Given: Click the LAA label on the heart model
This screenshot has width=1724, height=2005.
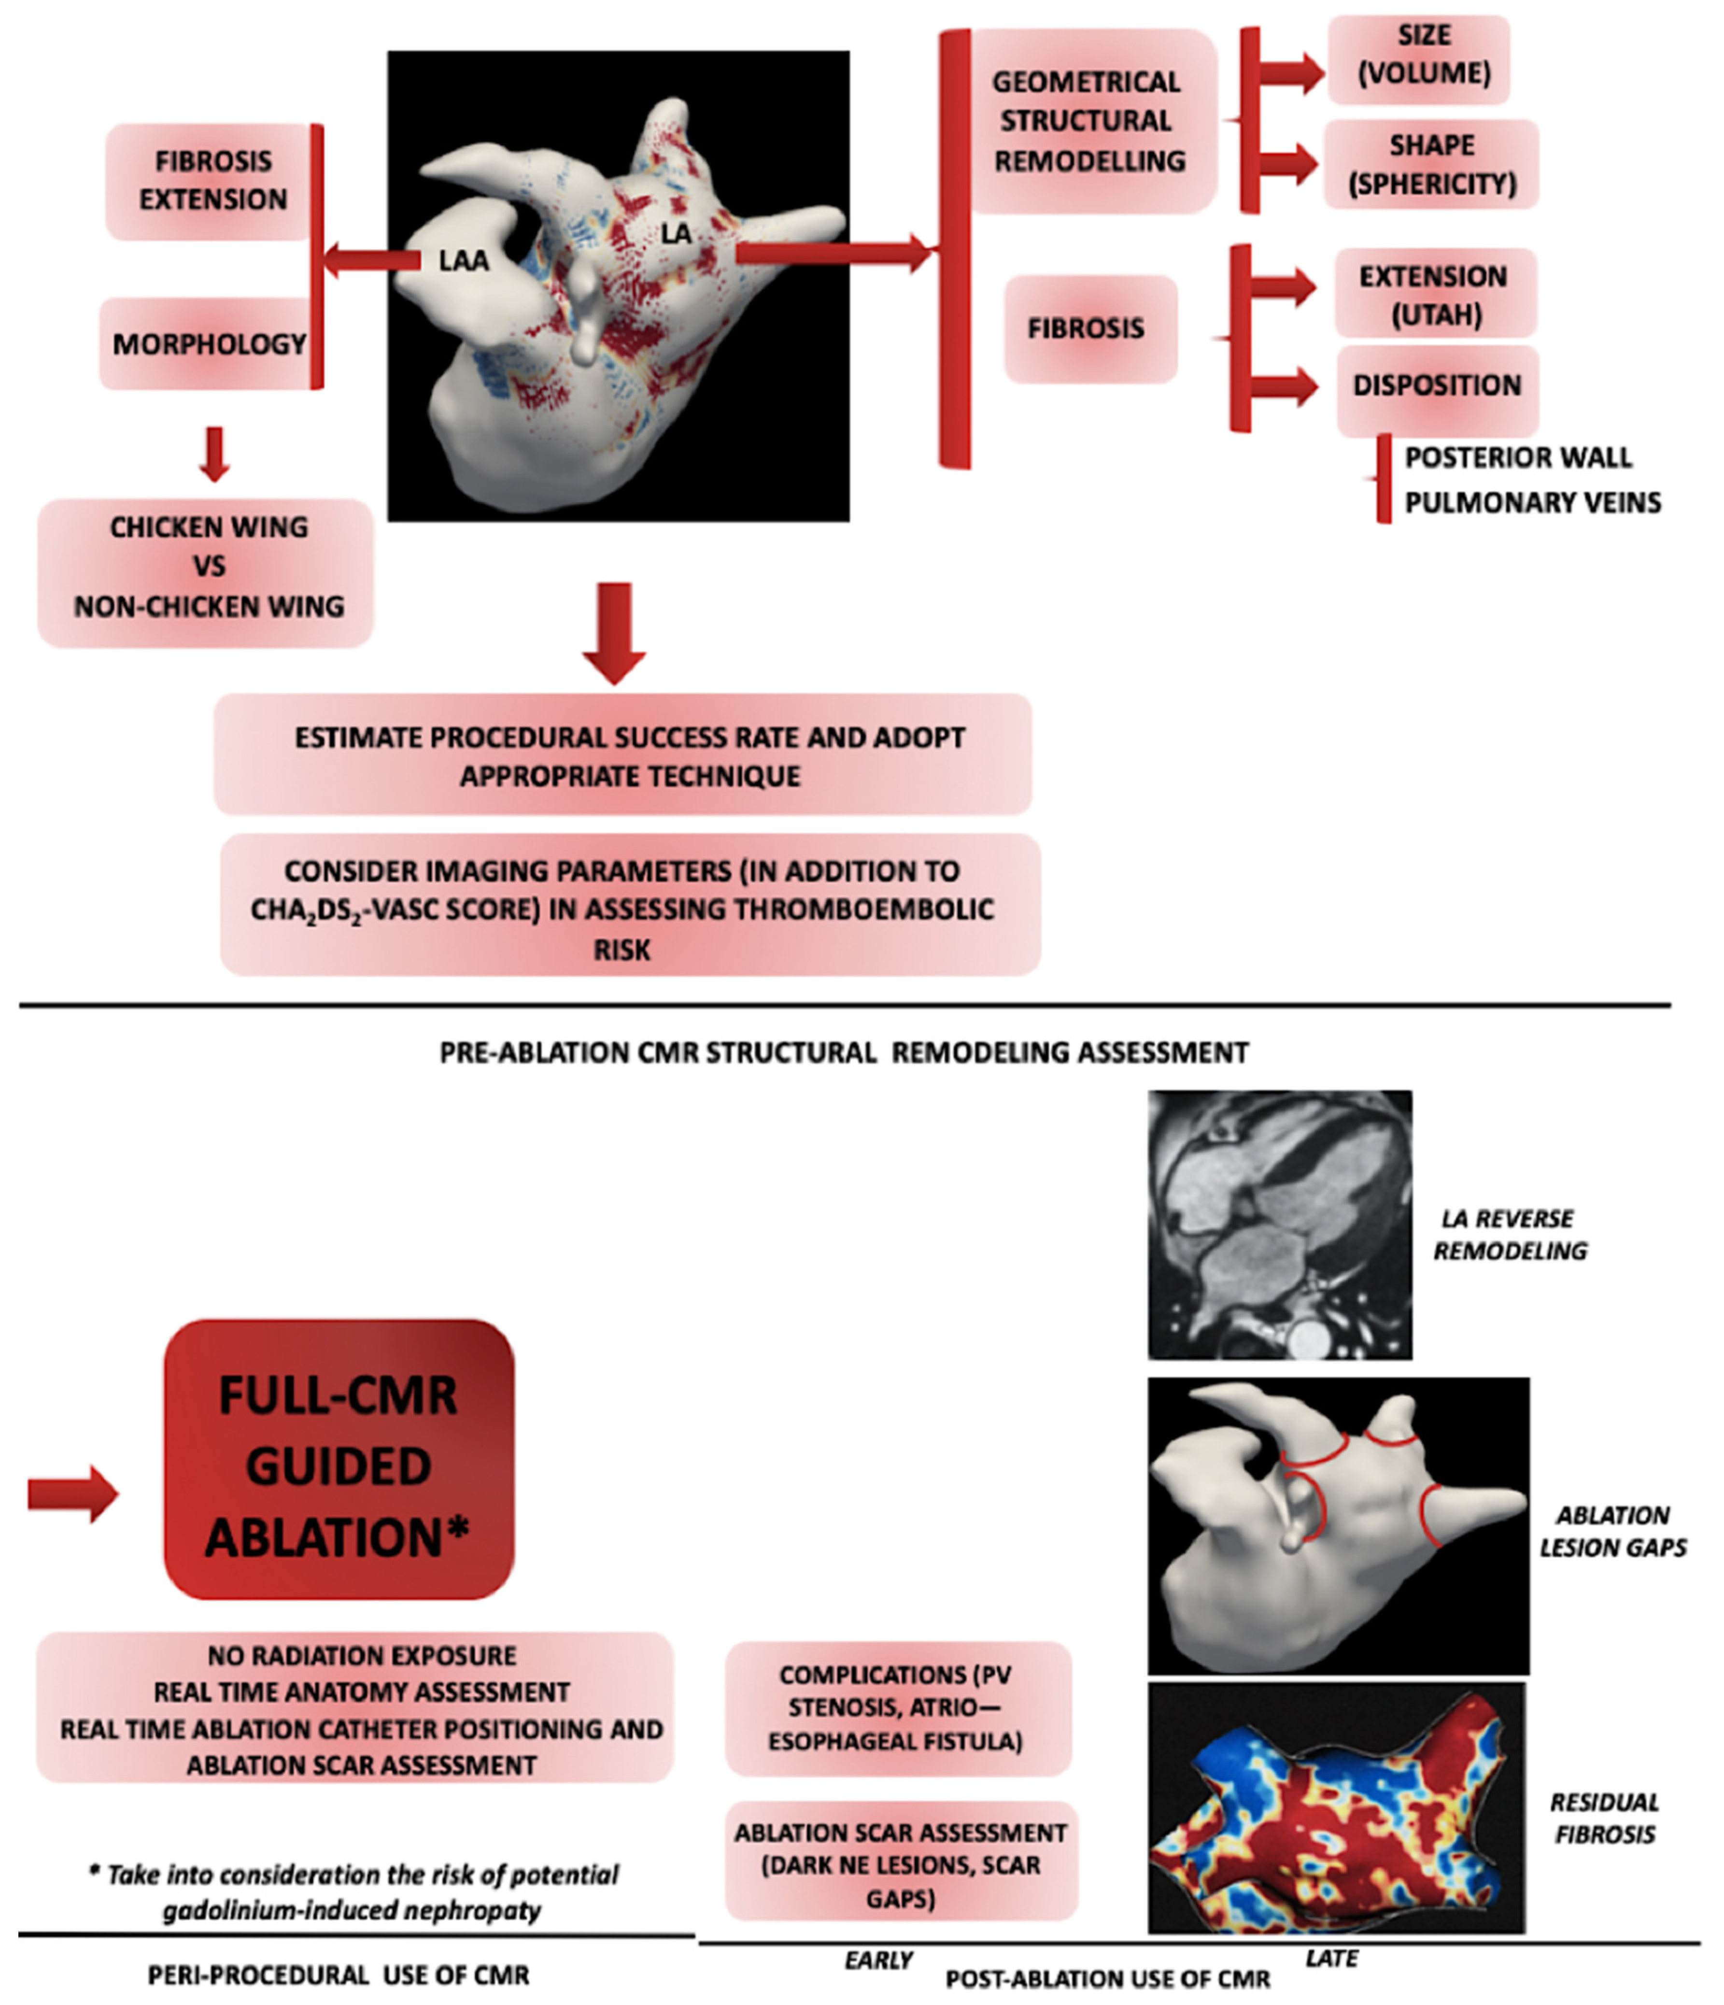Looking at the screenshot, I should tap(464, 260).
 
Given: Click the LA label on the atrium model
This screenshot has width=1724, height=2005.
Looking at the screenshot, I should tap(676, 233).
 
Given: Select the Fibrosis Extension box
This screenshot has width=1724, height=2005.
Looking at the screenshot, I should tap(213, 181).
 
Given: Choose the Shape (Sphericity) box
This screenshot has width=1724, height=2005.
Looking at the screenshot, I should tap(1431, 165).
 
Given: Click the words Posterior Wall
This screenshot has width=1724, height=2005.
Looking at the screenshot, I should tap(1518, 458).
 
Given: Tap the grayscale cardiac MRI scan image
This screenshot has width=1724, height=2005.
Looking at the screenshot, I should tap(1279, 1224).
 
